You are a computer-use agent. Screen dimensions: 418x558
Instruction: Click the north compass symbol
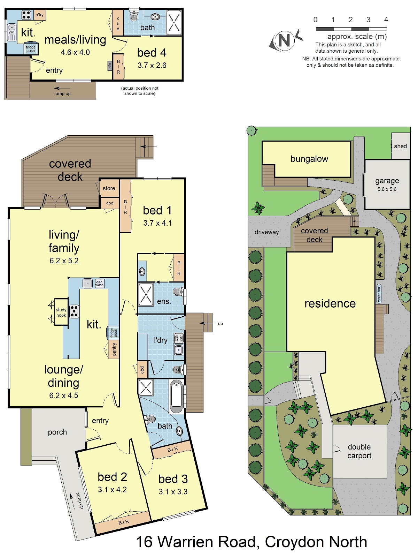285,40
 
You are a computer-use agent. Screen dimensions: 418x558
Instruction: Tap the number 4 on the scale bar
386,20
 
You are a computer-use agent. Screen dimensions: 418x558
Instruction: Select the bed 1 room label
157,210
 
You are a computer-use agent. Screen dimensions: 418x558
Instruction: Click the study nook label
61,312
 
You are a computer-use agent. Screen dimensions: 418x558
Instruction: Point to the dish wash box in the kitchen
100,284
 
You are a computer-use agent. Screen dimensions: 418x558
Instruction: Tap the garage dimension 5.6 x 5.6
387,189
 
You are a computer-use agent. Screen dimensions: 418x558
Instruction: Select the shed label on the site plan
400,146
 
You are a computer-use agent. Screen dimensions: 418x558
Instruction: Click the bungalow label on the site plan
309,159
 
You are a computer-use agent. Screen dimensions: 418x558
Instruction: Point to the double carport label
359,451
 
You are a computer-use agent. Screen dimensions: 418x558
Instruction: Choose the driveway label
266,232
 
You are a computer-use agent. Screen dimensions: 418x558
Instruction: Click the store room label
109,188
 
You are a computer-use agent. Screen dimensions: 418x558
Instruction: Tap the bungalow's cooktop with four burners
26,15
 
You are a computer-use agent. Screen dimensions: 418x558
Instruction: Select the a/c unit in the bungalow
110,66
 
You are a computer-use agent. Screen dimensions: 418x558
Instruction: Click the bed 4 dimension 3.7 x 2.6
152,65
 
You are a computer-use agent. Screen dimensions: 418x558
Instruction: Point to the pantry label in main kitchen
114,349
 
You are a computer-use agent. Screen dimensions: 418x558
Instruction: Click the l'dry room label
160,340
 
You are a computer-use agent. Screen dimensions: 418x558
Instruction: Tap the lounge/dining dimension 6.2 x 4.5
63,395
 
